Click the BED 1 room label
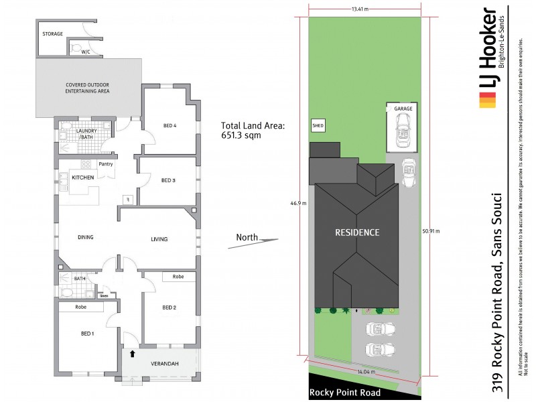(x=88, y=334)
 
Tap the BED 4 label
(x=170, y=125)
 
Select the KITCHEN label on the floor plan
(x=83, y=177)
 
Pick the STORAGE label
(x=52, y=33)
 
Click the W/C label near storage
(x=85, y=51)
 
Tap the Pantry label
(x=105, y=164)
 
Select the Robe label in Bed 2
(x=178, y=277)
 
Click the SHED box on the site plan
(x=318, y=125)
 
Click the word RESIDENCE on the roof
(x=357, y=232)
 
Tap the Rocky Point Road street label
(x=344, y=393)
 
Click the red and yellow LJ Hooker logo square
(x=487, y=101)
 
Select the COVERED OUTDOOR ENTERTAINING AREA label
(x=87, y=87)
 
